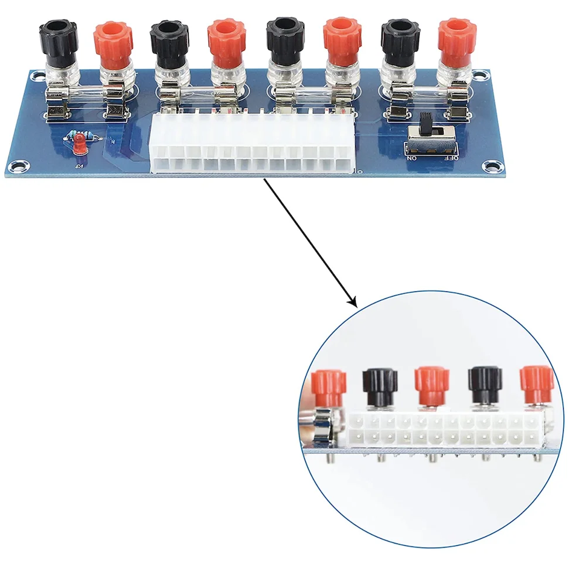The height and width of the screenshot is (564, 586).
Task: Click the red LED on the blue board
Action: [x=79, y=144]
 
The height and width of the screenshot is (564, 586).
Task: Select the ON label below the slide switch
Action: [x=412, y=158]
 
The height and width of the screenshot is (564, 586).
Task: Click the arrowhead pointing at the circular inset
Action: [x=352, y=303]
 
